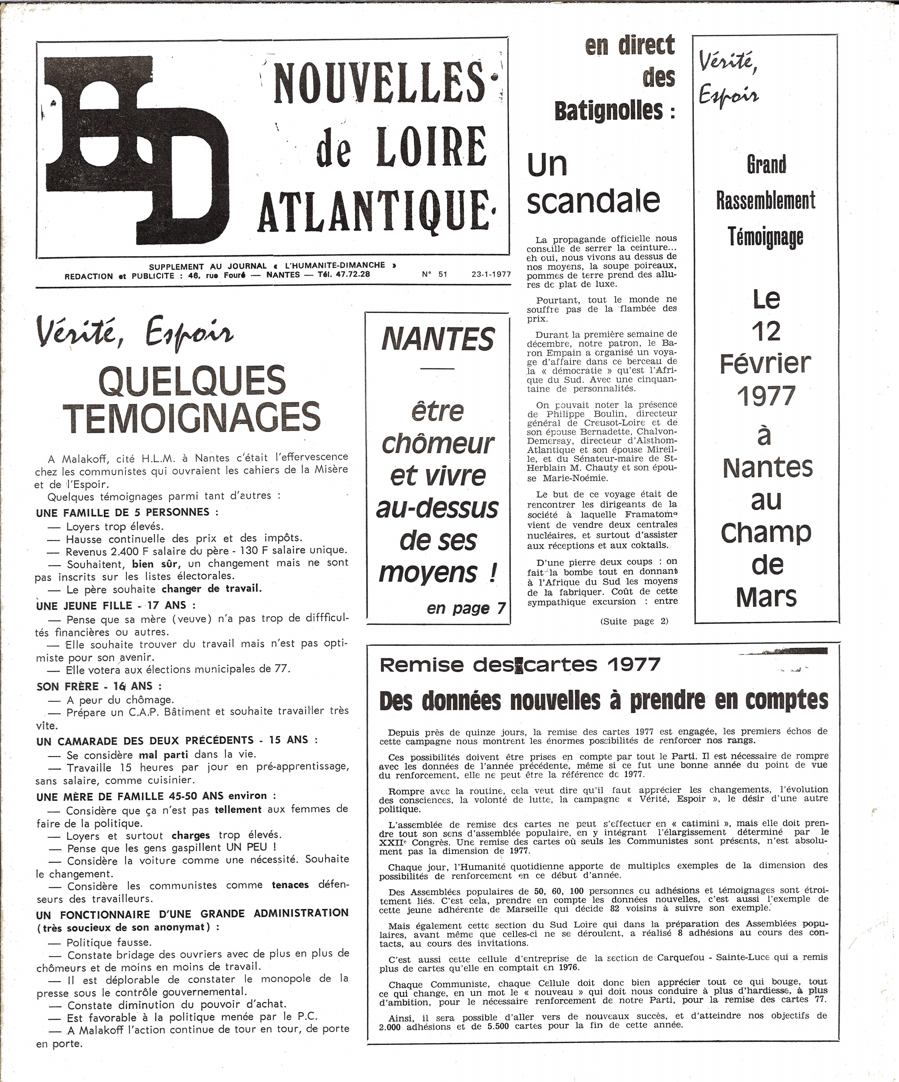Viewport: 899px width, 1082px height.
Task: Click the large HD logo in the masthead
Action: (137, 149)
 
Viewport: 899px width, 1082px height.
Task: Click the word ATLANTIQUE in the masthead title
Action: (375, 212)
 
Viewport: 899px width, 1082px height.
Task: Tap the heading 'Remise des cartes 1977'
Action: (520, 665)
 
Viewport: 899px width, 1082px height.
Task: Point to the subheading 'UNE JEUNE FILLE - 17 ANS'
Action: (116, 605)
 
